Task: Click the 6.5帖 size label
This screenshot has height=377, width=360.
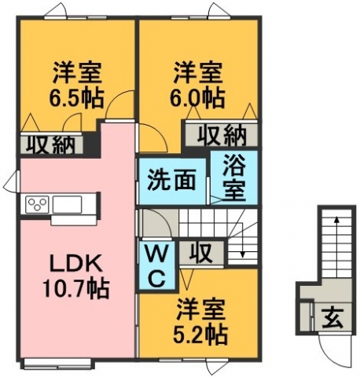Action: pyautogui.click(x=77, y=98)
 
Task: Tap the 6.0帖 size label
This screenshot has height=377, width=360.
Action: pyautogui.click(x=197, y=98)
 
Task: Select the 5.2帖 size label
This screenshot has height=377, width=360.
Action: pyautogui.click(x=200, y=335)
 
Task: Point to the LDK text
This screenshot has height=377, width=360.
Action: pyautogui.click(x=76, y=265)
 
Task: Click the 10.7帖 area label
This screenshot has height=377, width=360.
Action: pyautogui.click(x=76, y=289)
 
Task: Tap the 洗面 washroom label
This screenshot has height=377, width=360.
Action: pyautogui.click(x=171, y=180)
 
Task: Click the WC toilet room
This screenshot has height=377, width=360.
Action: pyautogui.click(x=157, y=265)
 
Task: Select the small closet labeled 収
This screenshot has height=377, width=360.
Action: pyautogui.click(x=201, y=253)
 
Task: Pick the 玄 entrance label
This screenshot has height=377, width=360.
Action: pyautogui.click(x=332, y=317)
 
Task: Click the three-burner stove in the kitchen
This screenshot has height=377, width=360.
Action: pyautogui.click(x=37, y=204)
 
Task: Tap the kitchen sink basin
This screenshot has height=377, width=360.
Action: pyautogui.click(x=68, y=204)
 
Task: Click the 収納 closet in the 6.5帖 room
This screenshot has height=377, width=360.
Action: pyautogui.click(x=51, y=144)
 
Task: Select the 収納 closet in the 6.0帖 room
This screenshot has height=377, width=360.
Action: pyautogui.click(x=222, y=134)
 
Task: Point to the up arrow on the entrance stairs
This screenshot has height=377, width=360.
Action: pyautogui.click(x=336, y=247)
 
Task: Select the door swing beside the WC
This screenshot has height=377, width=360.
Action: pyautogui.click(x=156, y=223)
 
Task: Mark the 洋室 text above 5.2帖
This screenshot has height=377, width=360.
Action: pyautogui.click(x=200, y=309)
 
